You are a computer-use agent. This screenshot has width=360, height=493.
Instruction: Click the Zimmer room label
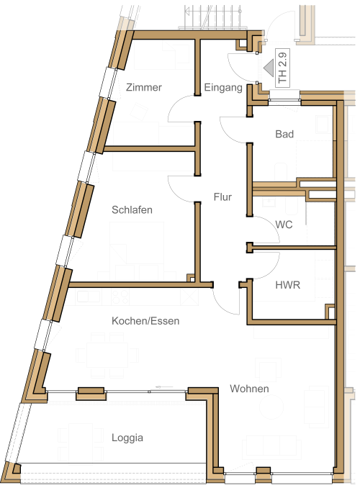(x=144, y=87)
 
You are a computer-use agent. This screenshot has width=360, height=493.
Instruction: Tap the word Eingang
(x=223, y=87)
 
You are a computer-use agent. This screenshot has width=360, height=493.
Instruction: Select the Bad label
(x=284, y=134)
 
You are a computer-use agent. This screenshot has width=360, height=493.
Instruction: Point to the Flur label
(x=222, y=196)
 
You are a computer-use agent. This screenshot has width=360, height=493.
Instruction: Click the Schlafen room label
(x=132, y=209)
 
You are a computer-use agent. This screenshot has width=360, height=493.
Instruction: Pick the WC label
(x=284, y=225)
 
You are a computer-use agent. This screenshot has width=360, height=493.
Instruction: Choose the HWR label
(x=288, y=285)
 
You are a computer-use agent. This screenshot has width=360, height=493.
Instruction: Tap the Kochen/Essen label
(x=145, y=321)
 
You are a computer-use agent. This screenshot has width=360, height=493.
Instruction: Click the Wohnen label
(x=249, y=389)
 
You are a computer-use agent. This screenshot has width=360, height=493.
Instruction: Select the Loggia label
(x=127, y=438)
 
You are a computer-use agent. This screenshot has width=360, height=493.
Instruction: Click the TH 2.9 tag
(x=282, y=68)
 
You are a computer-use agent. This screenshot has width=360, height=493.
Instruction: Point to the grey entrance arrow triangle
(x=269, y=68)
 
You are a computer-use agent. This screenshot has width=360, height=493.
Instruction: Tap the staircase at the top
(x=213, y=17)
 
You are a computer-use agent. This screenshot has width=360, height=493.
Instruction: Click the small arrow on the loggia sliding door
(x=164, y=386)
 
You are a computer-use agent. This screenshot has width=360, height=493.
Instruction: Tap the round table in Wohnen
(x=273, y=407)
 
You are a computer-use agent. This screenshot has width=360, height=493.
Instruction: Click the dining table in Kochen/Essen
(x=107, y=356)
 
